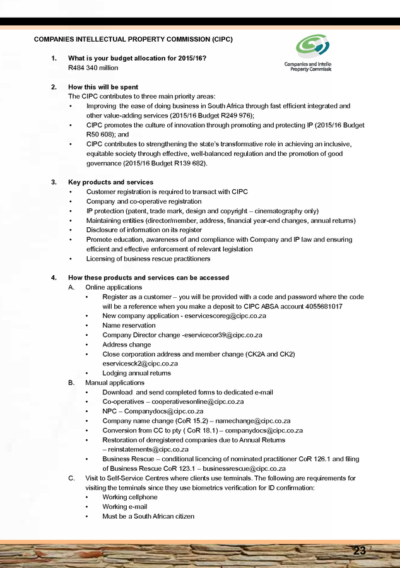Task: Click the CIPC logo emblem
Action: pos(312,47)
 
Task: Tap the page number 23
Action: pos(360,551)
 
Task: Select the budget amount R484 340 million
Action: pos(93,68)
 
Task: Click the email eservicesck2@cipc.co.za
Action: pos(140,364)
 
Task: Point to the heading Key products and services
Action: pos(110,182)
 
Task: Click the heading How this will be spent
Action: pos(103,87)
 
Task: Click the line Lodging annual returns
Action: pos(136,373)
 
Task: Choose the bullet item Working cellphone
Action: pos(129,497)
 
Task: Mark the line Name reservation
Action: pos(129,326)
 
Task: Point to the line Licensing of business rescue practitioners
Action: pos(148,259)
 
